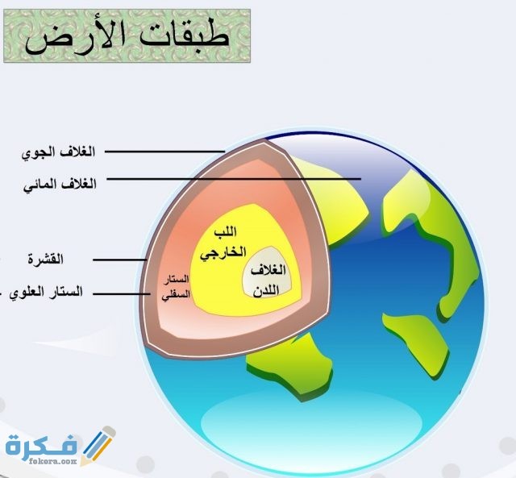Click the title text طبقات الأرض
(x=127, y=35)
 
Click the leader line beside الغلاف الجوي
(x=161, y=151)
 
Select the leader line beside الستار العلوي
(x=124, y=293)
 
